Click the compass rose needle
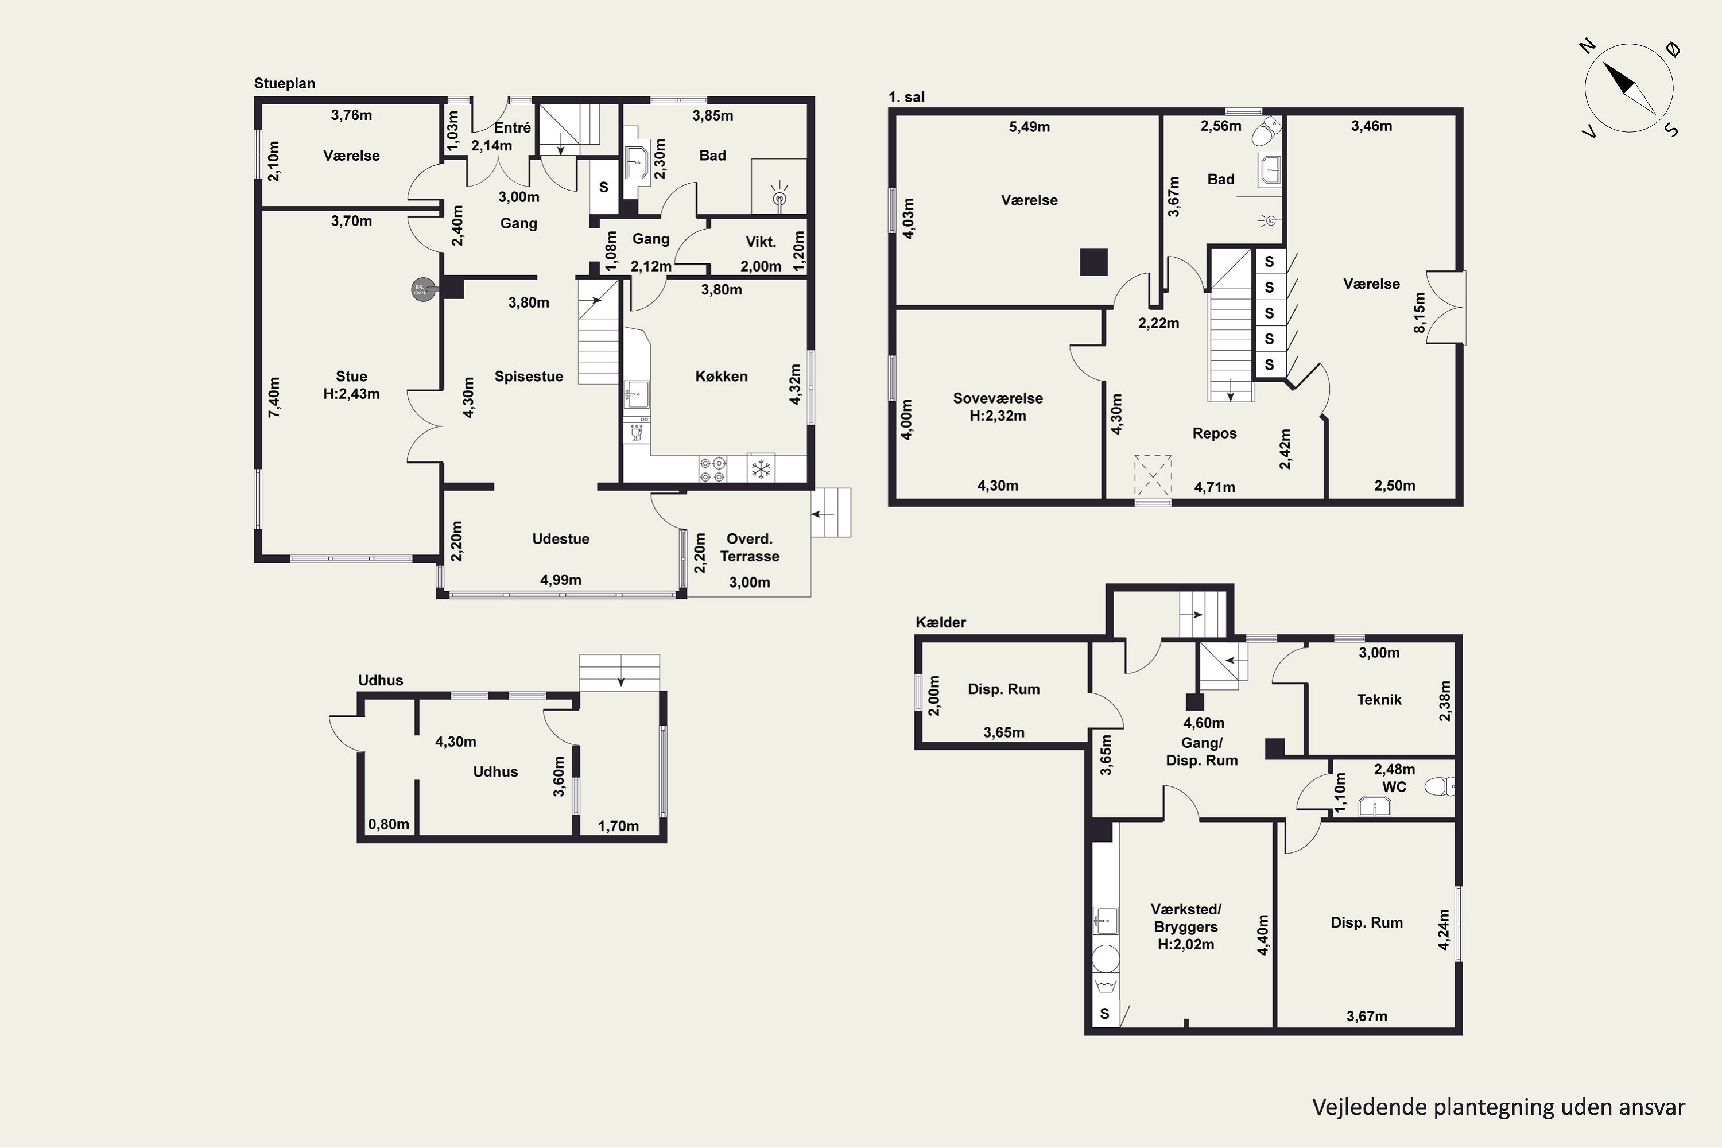coord(1630,88)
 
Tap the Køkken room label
coord(721,377)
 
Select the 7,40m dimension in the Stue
coord(274,398)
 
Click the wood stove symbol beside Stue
coord(420,290)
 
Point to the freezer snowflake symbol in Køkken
coord(762,468)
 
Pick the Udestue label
coord(561,539)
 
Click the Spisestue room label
coord(529,377)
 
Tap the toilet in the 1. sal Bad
coord(1266,132)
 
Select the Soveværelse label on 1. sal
coord(998,398)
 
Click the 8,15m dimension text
coord(1420,313)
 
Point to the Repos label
coord(1215,433)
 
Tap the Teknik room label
coord(1379,700)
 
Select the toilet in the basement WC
coord(1440,786)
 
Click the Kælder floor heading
coord(941,622)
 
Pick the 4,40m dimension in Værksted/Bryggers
coord(1263,935)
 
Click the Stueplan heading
coord(285,83)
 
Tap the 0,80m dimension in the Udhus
coord(389,824)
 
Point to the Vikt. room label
coord(761,242)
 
